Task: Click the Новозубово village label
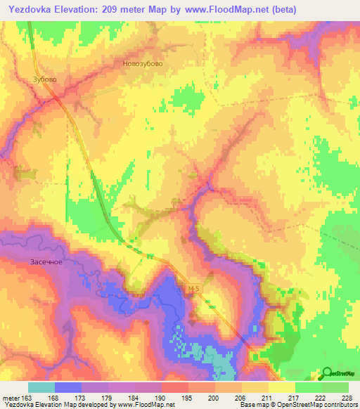pos(143,63)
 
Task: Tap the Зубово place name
pos(45,79)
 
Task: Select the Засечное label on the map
pos(46,262)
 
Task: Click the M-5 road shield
pos(195,289)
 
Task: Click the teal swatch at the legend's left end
pos(41,387)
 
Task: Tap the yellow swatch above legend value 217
pos(281,387)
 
